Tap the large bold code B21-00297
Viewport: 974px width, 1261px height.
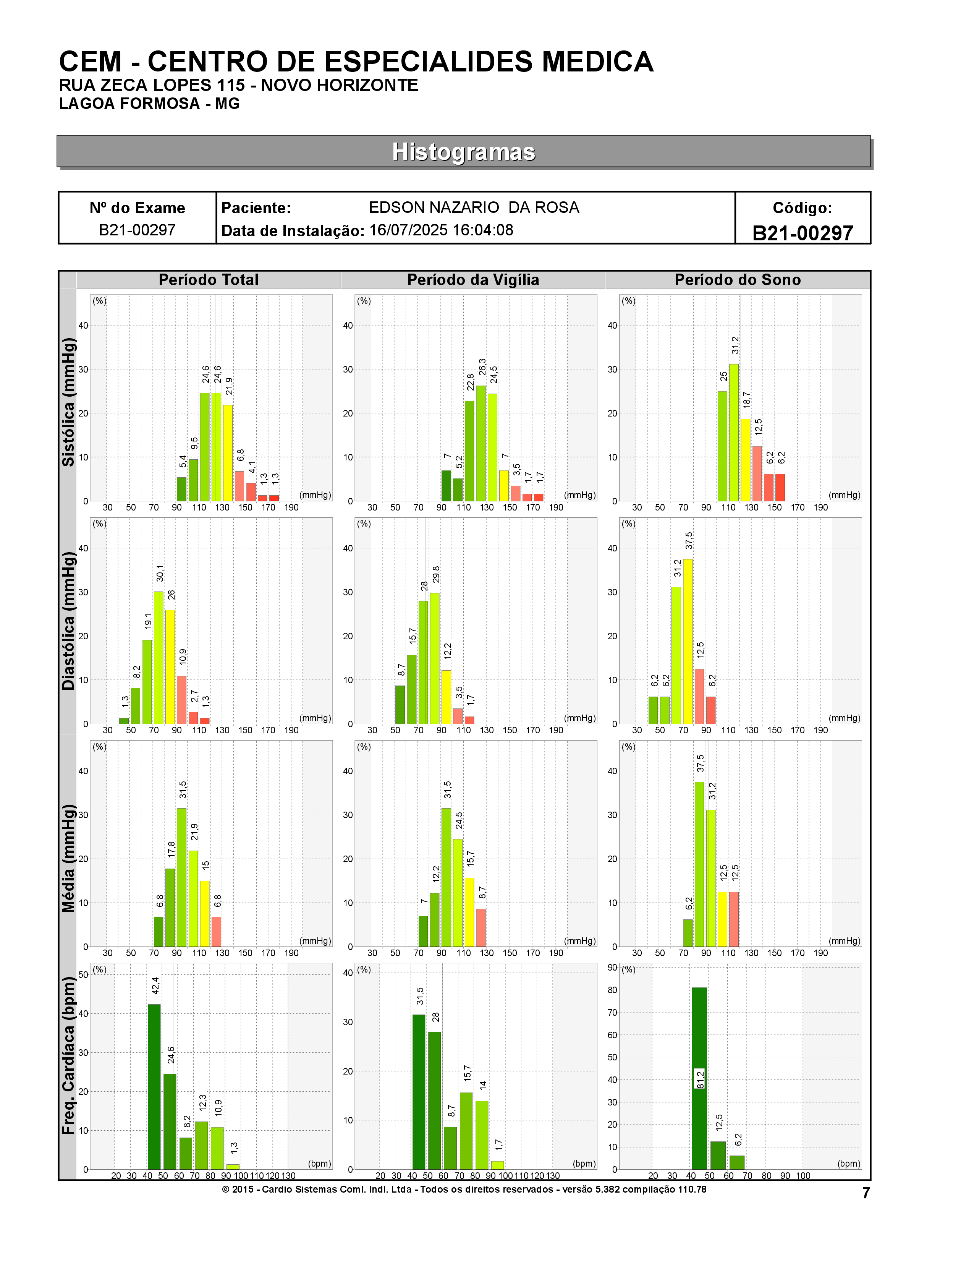pos(802,233)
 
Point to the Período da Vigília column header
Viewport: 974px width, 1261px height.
pos(473,280)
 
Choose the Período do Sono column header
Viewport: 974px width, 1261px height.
pos(738,280)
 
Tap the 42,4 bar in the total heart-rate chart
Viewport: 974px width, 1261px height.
pos(154,1087)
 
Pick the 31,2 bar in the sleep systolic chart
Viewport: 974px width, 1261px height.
pos(733,433)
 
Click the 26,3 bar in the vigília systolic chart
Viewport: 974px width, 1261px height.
pos(481,443)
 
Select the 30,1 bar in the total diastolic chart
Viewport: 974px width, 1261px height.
pos(158,658)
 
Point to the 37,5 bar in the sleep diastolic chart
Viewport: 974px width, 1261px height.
pos(687,642)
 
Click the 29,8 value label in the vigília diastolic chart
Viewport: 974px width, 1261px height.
pos(436,574)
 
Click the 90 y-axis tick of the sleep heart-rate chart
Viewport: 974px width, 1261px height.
pos(612,968)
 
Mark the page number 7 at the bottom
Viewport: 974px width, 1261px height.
pos(866,1193)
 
